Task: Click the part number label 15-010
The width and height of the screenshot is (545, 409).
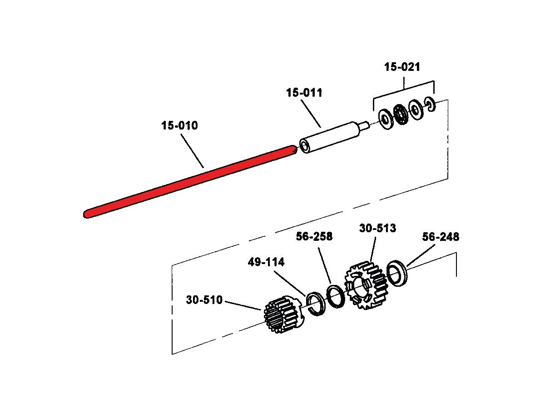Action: [x=179, y=125]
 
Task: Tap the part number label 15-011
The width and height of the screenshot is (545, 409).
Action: [x=304, y=93]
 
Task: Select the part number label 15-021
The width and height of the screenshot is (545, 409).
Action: [x=402, y=67]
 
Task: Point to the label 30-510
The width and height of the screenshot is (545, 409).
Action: [x=204, y=300]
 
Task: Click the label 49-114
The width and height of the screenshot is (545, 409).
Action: [x=266, y=262]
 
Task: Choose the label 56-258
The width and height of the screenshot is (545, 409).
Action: [x=314, y=236]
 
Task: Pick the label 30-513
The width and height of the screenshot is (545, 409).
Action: [x=378, y=228]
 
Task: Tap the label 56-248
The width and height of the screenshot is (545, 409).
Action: [x=441, y=237]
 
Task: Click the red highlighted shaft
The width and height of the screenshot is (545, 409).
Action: [x=190, y=182]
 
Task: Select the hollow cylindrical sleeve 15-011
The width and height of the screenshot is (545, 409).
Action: [x=330, y=138]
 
